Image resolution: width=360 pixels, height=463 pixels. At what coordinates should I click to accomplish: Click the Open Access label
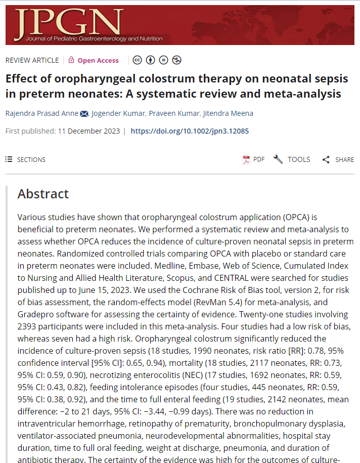(98, 60)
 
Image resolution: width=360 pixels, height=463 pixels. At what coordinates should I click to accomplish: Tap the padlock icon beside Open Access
(71, 60)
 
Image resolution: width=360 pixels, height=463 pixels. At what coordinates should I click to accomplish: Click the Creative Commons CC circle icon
(137, 60)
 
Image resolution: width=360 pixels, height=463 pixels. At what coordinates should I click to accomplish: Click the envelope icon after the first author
(84, 113)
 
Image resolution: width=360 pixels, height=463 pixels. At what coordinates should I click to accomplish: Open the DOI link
(190, 131)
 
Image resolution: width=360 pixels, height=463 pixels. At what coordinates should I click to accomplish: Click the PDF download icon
(247, 160)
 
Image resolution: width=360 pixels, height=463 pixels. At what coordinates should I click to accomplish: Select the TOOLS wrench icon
(278, 159)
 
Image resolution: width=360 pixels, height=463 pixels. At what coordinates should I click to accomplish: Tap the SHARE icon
(326, 160)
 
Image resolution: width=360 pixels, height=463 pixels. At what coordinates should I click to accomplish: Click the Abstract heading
(43, 194)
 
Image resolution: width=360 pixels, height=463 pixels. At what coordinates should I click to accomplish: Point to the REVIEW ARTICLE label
(32, 60)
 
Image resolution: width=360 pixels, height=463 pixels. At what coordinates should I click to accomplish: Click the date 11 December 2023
(88, 131)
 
